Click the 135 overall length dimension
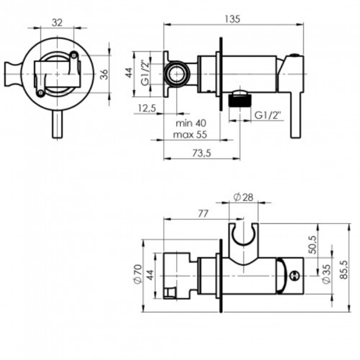click(232, 19)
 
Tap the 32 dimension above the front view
click(57, 23)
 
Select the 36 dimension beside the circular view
click(104, 74)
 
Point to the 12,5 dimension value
click(147, 108)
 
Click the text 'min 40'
click(191, 123)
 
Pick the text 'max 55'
click(190, 134)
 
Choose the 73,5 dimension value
click(202, 153)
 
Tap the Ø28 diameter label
click(243, 197)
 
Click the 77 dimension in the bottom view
click(203, 214)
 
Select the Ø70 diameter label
click(137, 274)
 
